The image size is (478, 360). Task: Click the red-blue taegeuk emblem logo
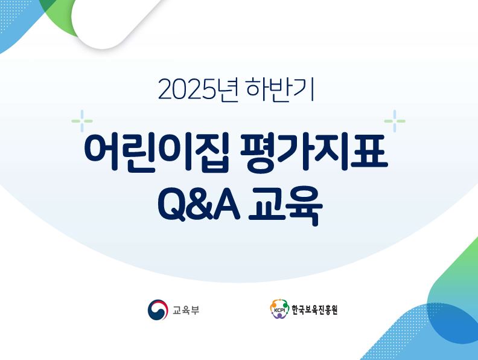[x=158, y=310]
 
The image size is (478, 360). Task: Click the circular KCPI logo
[x=279, y=310]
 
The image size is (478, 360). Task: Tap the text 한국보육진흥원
[x=314, y=311]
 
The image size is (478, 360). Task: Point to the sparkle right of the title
[x=395, y=121]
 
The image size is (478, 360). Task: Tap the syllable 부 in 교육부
[x=195, y=311]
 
